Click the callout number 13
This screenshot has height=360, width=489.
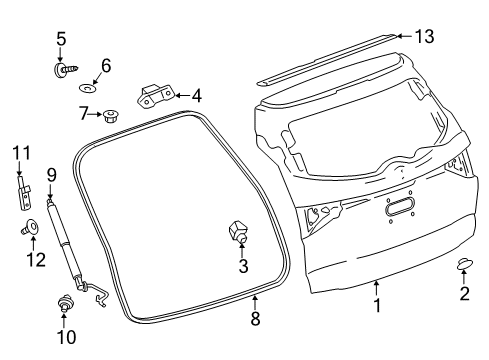[425, 37]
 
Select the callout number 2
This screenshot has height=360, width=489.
[463, 294]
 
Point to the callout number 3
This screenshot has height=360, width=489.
[242, 266]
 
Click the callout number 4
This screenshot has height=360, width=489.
[196, 96]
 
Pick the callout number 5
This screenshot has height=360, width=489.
[61, 39]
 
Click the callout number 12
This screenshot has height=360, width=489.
[36, 259]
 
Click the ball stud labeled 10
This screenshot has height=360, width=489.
[66, 301]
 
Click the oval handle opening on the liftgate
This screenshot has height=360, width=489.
[398, 207]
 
